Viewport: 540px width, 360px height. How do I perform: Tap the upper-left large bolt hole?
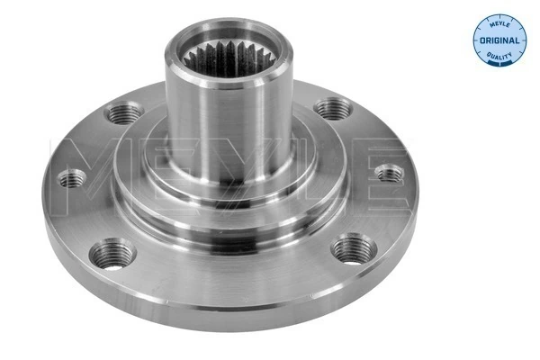121,113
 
